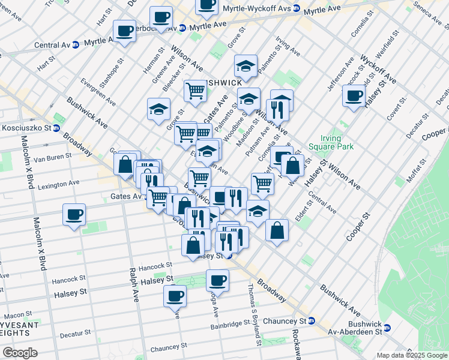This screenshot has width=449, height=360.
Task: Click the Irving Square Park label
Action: tap(330, 142)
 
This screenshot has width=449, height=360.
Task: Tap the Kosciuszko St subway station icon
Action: tap(56, 128)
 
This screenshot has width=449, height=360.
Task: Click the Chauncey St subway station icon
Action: tap(312, 321)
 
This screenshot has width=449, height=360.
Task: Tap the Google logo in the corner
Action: tap(20, 353)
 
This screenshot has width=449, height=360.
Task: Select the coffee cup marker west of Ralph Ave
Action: tap(74, 214)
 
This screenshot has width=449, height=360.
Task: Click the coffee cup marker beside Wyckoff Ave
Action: tap(354, 95)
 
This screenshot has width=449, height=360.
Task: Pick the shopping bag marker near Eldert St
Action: tap(277, 230)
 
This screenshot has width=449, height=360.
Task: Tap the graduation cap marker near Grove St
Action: tap(158, 109)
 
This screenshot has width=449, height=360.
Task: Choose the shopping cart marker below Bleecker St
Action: tap(195, 91)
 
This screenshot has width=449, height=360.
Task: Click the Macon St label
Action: tap(18, 314)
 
